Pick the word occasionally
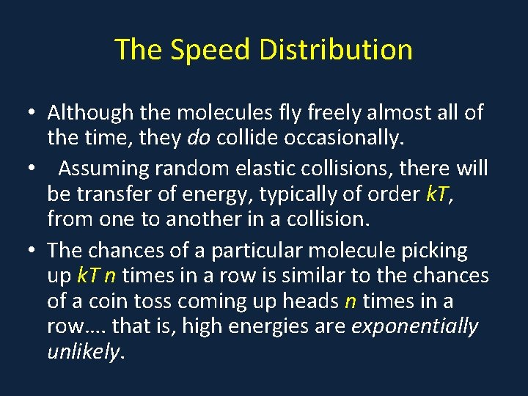pyautogui.click(x=337, y=137)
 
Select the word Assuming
pyautogui.click(x=104, y=169)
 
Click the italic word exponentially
pyautogui.click(x=415, y=326)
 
